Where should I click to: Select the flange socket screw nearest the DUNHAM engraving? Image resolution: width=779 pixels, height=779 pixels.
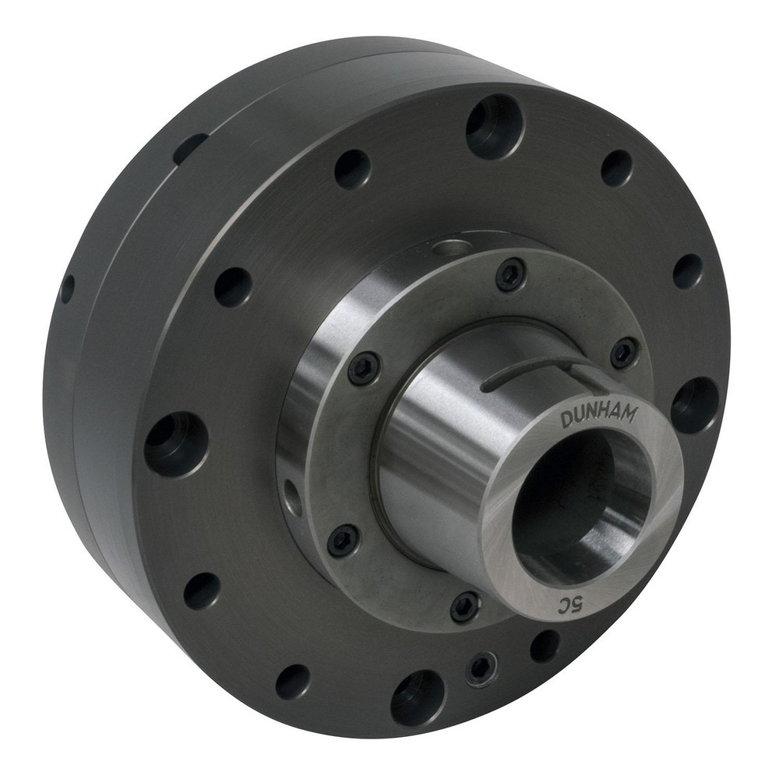point(624,354)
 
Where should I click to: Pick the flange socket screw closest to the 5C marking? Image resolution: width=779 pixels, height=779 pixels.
point(465,605)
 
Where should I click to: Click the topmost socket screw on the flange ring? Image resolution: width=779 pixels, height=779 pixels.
point(511,275)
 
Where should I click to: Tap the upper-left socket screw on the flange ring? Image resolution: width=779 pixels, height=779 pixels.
point(364,368)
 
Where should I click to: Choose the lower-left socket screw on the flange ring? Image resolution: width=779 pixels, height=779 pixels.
point(343,541)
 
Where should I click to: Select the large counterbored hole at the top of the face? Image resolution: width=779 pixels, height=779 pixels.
point(495,126)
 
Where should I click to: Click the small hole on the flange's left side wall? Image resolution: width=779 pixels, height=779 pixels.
point(292,493)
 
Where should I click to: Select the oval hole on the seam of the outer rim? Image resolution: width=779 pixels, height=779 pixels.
point(190,148)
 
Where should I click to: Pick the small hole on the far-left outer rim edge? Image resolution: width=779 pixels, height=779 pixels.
point(68,289)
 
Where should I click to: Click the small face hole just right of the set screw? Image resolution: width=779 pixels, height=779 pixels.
point(544,645)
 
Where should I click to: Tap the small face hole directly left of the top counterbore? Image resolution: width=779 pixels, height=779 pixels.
point(353,169)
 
